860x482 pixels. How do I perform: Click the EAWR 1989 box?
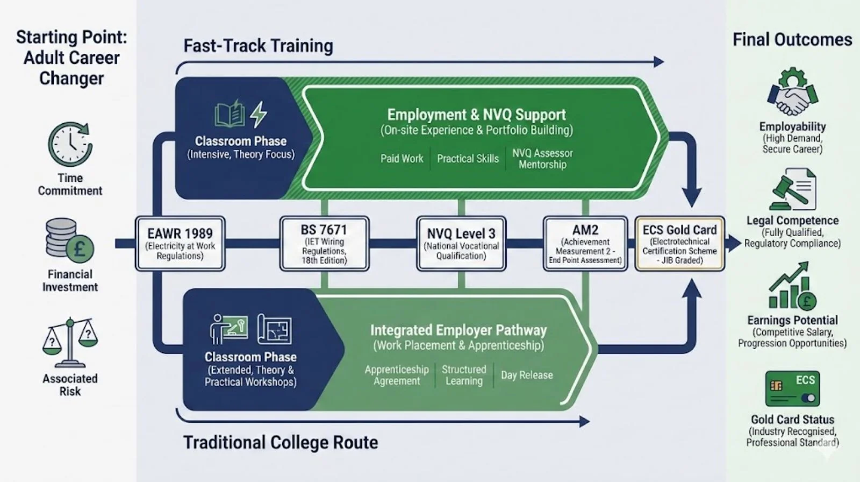click(180, 244)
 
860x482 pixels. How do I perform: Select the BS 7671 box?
click(324, 244)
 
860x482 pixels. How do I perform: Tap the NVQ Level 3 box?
click(461, 244)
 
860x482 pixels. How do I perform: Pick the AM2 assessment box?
click(585, 244)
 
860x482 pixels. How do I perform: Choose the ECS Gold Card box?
click(679, 244)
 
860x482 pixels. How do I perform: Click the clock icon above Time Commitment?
click(70, 144)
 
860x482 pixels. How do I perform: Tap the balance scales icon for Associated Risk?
click(70, 342)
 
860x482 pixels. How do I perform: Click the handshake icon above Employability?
click(792, 92)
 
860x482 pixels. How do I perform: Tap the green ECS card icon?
click(792, 389)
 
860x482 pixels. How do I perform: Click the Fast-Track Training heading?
click(258, 46)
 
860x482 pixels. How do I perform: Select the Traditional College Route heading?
click(281, 442)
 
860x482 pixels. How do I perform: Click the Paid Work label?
click(402, 159)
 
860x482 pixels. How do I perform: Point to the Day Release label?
click(527, 375)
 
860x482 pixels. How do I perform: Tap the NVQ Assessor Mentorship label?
click(542, 159)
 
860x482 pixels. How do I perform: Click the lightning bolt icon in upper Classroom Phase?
click(259, 114)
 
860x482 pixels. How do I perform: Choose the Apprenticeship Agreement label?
click(397, 375)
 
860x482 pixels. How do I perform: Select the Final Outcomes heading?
click(792, 40)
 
